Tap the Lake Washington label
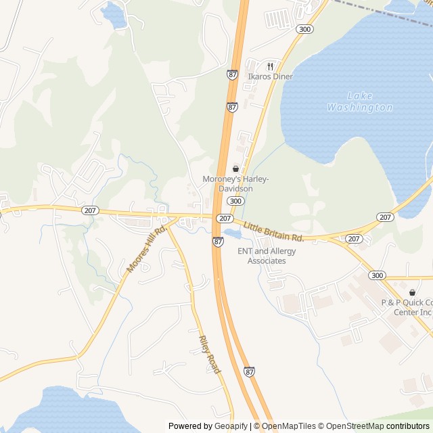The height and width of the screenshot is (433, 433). pos(359,101)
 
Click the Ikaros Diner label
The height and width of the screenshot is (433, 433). pos(270,76)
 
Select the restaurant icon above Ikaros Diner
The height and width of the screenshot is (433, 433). pos(270,66)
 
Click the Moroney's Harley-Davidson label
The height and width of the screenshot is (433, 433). pos(236,183)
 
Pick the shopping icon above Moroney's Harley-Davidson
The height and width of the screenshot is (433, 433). pos(235,168)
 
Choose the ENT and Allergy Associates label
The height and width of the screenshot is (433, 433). pos(267,256)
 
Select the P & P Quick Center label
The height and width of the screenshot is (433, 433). pos(407,307)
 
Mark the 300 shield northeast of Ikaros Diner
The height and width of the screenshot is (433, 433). pos(305,29)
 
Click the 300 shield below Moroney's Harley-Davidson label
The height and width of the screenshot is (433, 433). pos(235,202)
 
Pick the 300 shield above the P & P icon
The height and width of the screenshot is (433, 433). pos(376,275)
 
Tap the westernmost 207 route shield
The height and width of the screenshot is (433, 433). pos(90,210)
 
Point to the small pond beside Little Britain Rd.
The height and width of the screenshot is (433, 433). pos(232,234)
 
